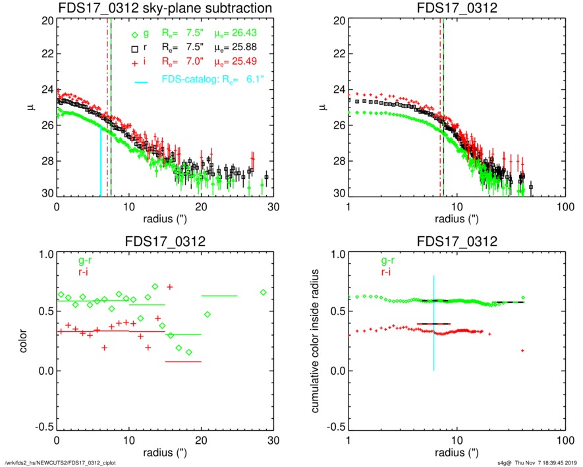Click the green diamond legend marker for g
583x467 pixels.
coord(134,34)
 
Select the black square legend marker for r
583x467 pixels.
coord(134,48)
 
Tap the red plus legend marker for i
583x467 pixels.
coord(134,61)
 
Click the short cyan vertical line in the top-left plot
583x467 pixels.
coord(101,162)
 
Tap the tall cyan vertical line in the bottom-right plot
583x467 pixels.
coord(433,323)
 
